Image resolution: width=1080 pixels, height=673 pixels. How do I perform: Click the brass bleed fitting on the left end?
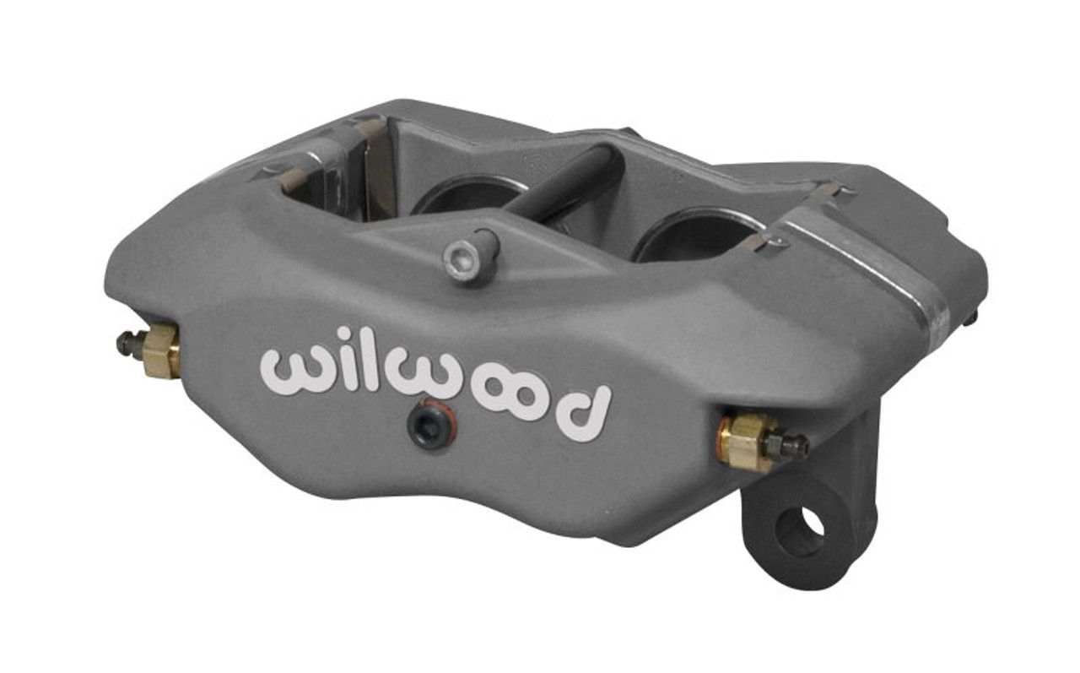point(160,350)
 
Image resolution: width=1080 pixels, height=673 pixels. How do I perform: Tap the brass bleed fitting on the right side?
point(743,441)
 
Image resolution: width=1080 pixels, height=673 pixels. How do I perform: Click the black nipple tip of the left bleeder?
point(127,341)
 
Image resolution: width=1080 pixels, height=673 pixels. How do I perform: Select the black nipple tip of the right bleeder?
point(795,446)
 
